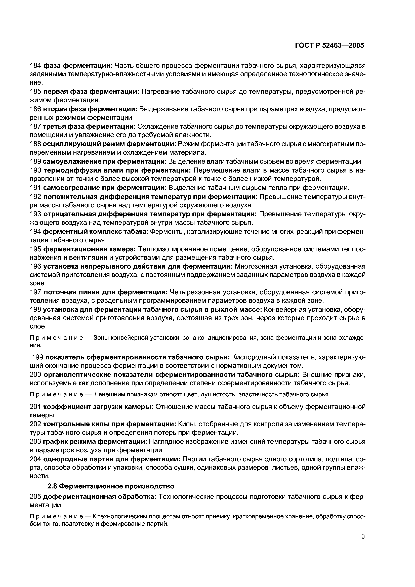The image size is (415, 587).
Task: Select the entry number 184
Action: pyautogui.click(x=35, y=66)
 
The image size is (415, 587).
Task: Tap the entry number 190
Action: pyautogui.click(x=35, y=170)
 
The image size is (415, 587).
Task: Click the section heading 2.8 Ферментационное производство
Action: pyautogui.click(x=111, y=486)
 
